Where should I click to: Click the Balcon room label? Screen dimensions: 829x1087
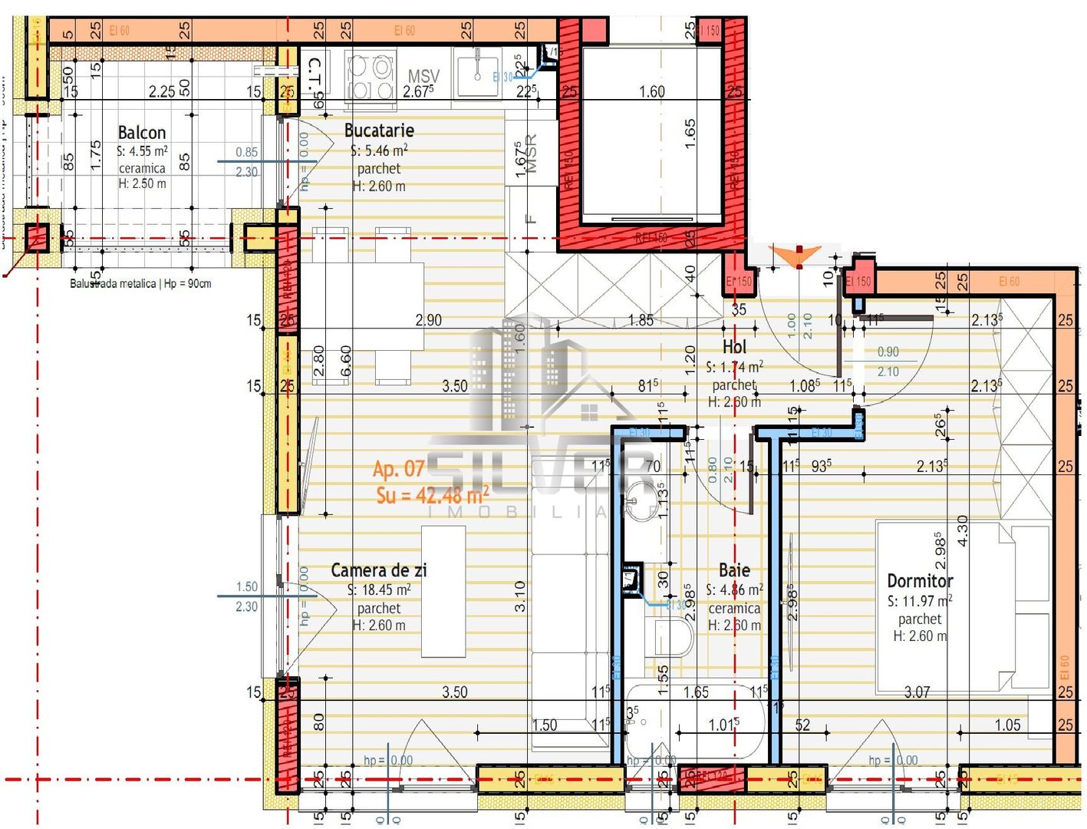point(141,132)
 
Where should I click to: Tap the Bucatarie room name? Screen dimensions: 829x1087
point(379,130)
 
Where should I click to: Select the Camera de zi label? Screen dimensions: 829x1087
point(378,570)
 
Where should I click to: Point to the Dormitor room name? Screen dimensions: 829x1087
point(920,581)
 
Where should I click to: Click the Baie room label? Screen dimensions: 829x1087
point(734,570)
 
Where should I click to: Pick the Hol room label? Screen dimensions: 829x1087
point(734,347)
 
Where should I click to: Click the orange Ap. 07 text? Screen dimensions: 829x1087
point(398,468)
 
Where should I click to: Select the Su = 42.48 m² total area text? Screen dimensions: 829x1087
point(432,495)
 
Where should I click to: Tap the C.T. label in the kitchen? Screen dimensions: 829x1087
point(315,74)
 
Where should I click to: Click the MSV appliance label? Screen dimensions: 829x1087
point(423,76)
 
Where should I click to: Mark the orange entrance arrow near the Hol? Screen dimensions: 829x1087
point(798,256)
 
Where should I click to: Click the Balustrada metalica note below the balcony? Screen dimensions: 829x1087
point(140,284)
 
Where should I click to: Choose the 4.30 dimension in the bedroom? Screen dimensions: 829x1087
point(963,530)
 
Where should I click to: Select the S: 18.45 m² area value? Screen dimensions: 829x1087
point(379,590)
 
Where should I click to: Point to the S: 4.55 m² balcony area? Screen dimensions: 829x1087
point(142,151)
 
